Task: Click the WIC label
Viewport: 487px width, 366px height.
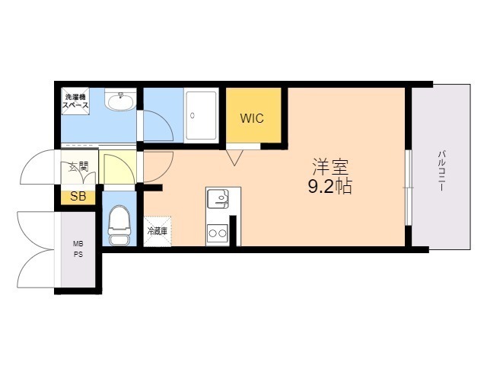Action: [252, 118]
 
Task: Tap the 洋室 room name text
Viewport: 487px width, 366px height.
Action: [330, 167]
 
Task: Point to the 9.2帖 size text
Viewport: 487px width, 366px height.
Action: [329, 186]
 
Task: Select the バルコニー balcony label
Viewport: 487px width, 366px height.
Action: [442, 171]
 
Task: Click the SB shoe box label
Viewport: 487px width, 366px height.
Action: [78, 197]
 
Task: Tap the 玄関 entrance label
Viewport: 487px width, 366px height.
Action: [78, 167]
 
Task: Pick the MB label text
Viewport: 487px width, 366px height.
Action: [78, 244]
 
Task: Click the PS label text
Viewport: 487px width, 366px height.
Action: [78, 254]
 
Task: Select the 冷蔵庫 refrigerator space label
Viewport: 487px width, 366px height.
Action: [158, 231]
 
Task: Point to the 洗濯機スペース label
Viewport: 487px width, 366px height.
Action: [75, 101]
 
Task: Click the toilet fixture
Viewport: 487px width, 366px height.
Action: [119, 225]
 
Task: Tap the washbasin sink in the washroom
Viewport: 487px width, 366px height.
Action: [120, 100]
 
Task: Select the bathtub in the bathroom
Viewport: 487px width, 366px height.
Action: [201, 115]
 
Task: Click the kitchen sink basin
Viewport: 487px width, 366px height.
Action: [218, 198]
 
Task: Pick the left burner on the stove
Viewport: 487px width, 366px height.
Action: [213, 233]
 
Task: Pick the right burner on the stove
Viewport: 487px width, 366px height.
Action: [222, 233]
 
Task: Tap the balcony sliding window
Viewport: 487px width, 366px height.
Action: [409, 188]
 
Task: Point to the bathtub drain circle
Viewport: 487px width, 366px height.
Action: [193, 115]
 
